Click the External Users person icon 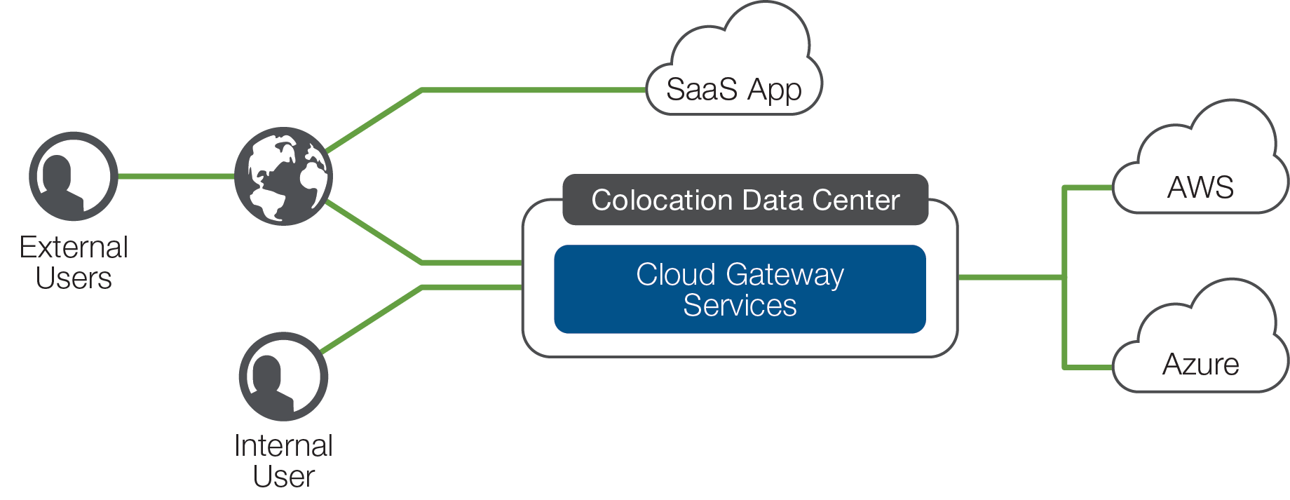click(74, 176)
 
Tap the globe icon click(283, 176)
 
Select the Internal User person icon click(283, 377)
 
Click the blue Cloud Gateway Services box click(740, 289)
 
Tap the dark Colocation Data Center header click(745, 200)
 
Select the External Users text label click(74, 262)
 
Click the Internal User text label click(283, 461)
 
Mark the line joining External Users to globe click(176, 176)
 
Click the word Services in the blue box click(740, 306)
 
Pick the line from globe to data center click(421, 262)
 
